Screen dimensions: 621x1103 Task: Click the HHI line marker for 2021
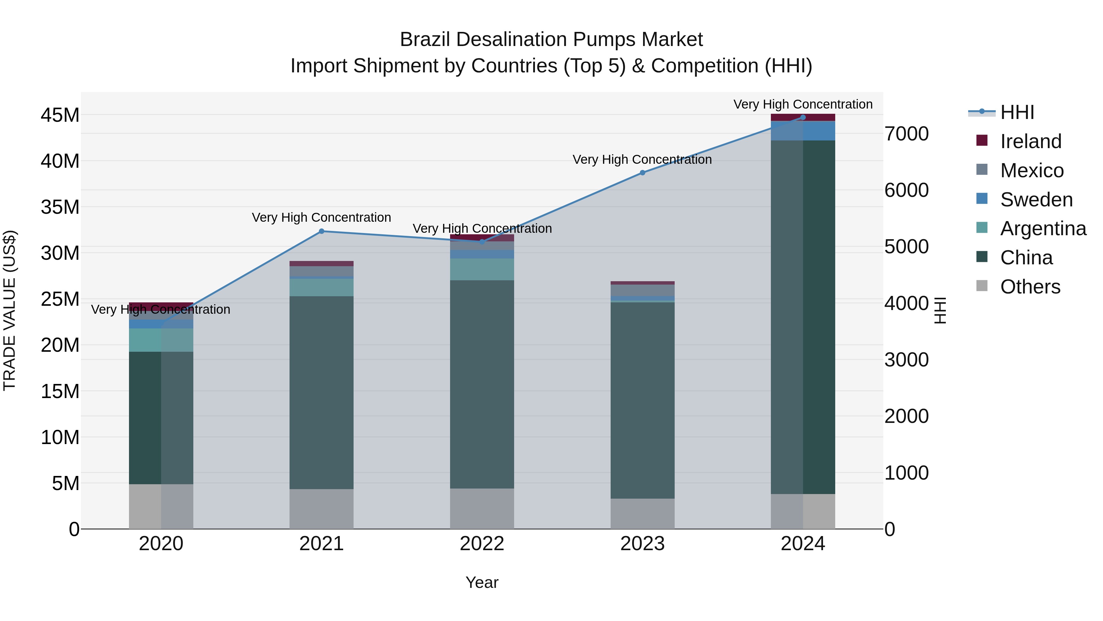322,232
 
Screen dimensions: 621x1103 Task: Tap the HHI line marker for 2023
642,173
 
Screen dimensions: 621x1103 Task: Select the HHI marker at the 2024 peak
803,117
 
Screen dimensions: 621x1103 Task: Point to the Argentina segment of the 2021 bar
322,288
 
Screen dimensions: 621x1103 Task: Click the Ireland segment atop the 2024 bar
803,117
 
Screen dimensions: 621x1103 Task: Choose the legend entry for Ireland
1031,141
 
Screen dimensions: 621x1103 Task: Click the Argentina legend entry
1043,228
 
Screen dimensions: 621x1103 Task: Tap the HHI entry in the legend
1017,112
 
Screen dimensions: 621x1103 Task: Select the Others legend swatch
982,286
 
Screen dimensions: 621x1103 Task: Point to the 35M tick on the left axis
60,207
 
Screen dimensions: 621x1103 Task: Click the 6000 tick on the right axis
907,190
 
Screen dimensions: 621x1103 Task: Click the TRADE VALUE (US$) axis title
9,310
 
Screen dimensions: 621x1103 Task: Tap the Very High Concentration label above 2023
642,159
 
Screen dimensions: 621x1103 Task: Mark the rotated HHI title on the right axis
940,310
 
